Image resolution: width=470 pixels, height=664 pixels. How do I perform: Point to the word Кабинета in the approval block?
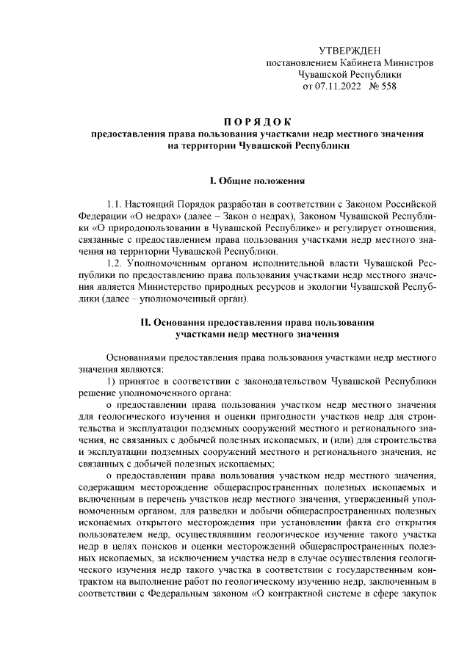tap(357, 64)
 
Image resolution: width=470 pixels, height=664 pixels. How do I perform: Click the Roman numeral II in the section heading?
tap(145, 322)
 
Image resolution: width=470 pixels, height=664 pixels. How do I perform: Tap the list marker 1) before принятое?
tap(110, 382)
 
